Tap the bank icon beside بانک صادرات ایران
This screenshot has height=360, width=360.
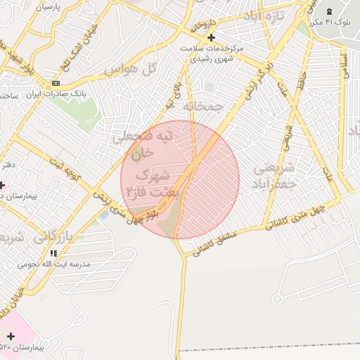pyautogui.click(x=56, y=83)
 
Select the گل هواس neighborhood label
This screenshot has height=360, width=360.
pyautogui.click(x=129, y=69)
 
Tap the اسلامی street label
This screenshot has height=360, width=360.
pyautogui.click(x=345, y=67)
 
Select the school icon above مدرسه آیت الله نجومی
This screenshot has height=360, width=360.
pyautogui.click(x=53, y=252)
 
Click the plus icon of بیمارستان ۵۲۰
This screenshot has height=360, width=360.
pyautogui.click(x=11, y=337)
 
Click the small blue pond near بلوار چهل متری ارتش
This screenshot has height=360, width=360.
pyautogui.click(x=105, y=213)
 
